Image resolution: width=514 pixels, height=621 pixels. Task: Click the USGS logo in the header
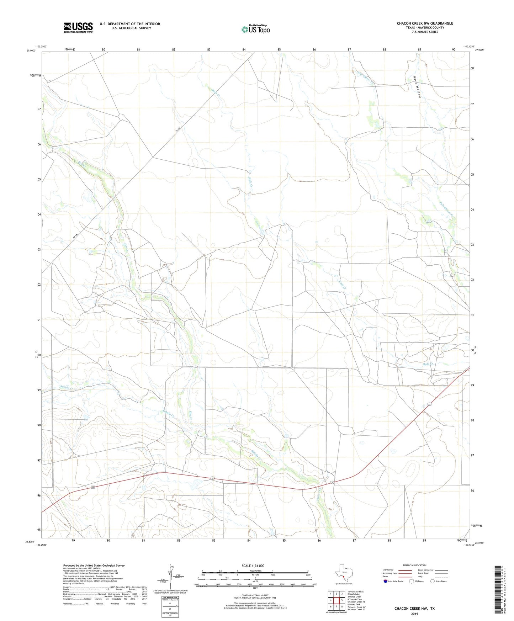point(78,27)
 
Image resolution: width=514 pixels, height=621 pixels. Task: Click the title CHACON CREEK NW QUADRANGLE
point(425,23)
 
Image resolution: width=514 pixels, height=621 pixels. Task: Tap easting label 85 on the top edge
point(279,49)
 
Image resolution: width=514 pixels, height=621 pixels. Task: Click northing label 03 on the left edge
point(39,250)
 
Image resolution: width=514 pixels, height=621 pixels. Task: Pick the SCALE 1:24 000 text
point(253,566)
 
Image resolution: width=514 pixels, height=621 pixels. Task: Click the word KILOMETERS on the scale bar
point(255,571)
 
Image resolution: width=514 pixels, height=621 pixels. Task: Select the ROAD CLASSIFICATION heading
point(414,565)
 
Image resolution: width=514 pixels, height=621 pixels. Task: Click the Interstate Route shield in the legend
point(386,581)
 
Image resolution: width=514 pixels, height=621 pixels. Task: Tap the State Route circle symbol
point(433,581)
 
